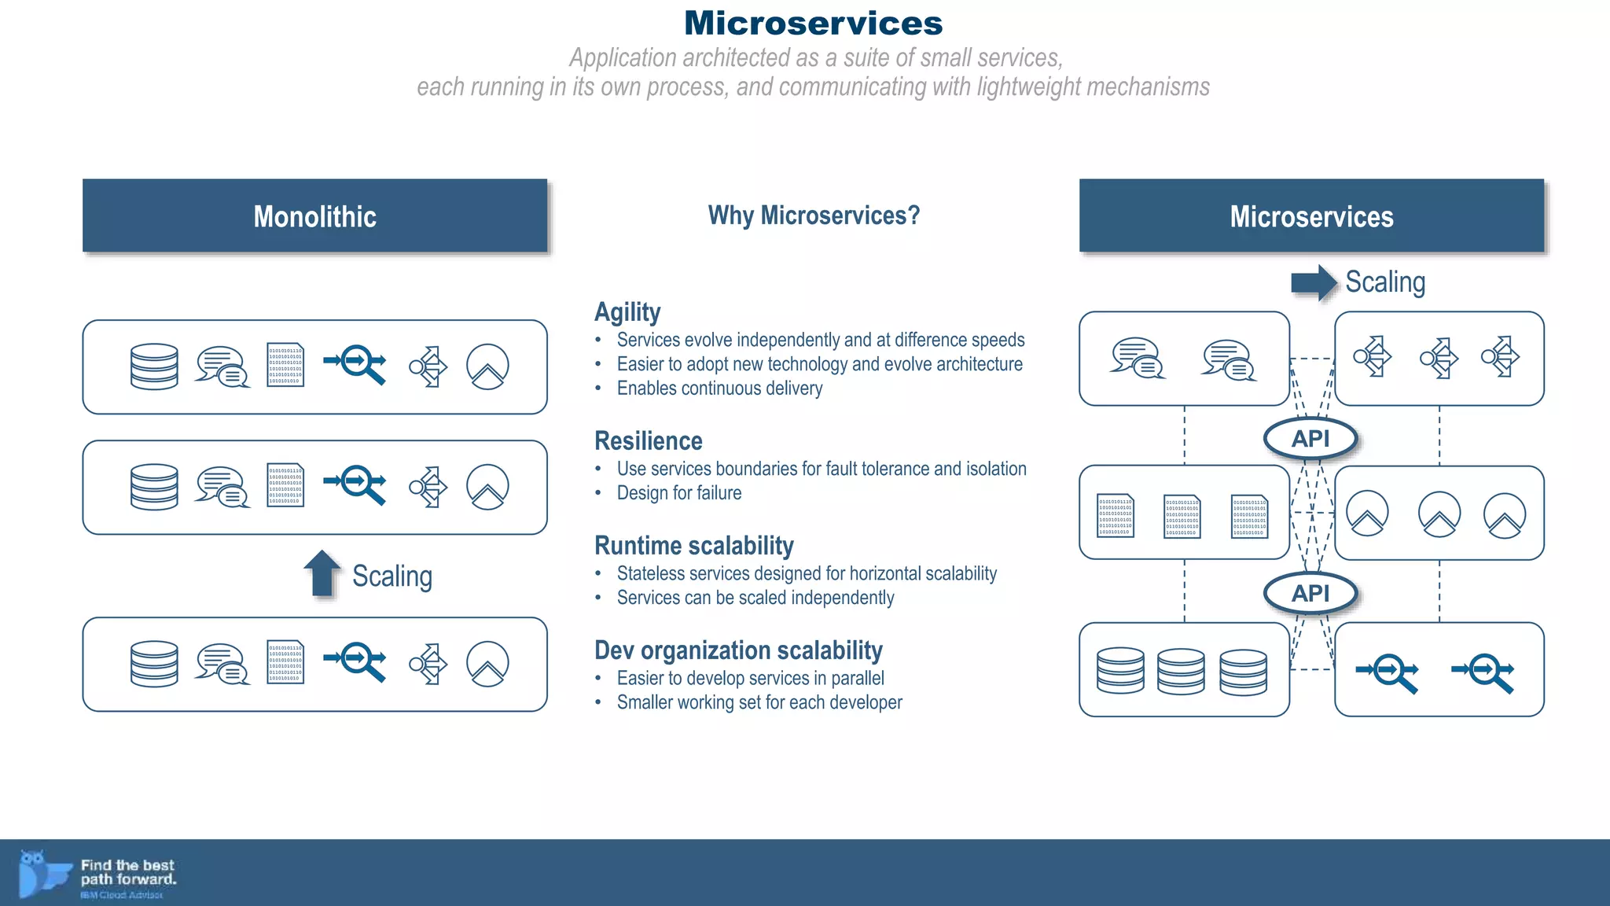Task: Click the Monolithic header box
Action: (x=314, y=216)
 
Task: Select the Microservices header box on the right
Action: (x=1311, y=216)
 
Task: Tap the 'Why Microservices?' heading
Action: (x=814, y=215)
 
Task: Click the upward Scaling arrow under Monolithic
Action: (x=322, y=573)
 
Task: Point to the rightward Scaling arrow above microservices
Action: (x=1314, y=282)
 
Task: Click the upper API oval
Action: (x=1310, y=439)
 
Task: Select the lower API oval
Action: (x=1310, y=593)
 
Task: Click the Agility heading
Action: (x=627, y=312)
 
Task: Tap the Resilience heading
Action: (x=649, y=441)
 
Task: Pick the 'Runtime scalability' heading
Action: (x=694, y=546)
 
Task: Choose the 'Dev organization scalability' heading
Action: (x=738, y=650)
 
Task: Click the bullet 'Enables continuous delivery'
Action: (x=719, y=389)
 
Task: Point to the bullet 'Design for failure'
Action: (x=679, y=493)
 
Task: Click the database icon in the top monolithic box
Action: (x=154, y=366)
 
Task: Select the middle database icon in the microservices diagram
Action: (x=1180, y=671)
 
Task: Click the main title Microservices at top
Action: (x=813, y=23)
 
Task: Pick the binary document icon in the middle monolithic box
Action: (x=285, y=485)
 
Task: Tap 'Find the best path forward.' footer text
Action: (x=128, y=872)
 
